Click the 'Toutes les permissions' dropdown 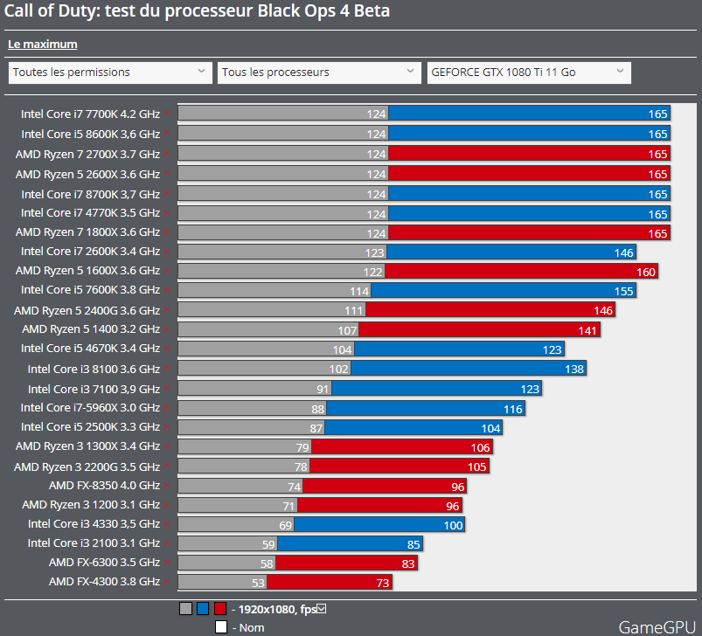tap(109, 73)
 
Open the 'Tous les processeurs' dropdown tap(319, 73)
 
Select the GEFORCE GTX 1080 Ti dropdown tap(528, 73)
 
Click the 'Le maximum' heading tap(42, 44)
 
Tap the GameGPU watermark tap(657, 626)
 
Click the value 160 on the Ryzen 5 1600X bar tap(645, 271)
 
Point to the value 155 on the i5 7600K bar tap(623, 290)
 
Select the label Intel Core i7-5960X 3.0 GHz tap(90, 408)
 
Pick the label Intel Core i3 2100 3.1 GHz tap(94, 543)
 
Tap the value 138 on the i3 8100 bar tap(573, 369)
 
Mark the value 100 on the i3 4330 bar tap(453, 524)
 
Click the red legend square tap(219, 609)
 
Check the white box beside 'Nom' tap(221, 626)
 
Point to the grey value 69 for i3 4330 tap(285, 524)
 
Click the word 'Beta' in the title tap(367, 11)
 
